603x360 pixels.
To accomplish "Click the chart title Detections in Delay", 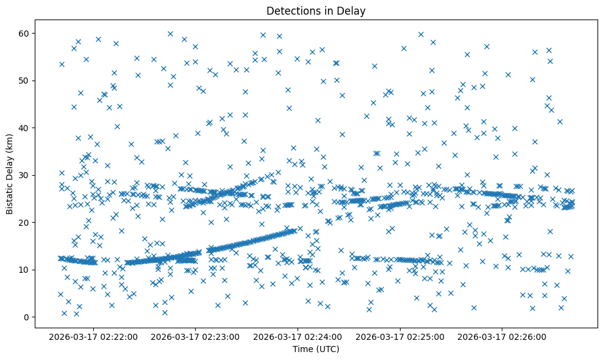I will tap(316, 10).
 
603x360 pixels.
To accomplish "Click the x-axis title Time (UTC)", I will tap(316, 349).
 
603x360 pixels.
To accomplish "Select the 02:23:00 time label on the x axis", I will tap(196, 336).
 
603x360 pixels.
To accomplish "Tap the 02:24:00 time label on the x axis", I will tap(299, 336).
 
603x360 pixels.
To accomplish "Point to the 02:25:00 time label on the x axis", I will tap(401, 336).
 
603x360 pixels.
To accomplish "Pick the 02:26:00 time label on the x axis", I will tap(502, 336).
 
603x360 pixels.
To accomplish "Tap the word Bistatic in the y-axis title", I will tap(10, 197).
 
